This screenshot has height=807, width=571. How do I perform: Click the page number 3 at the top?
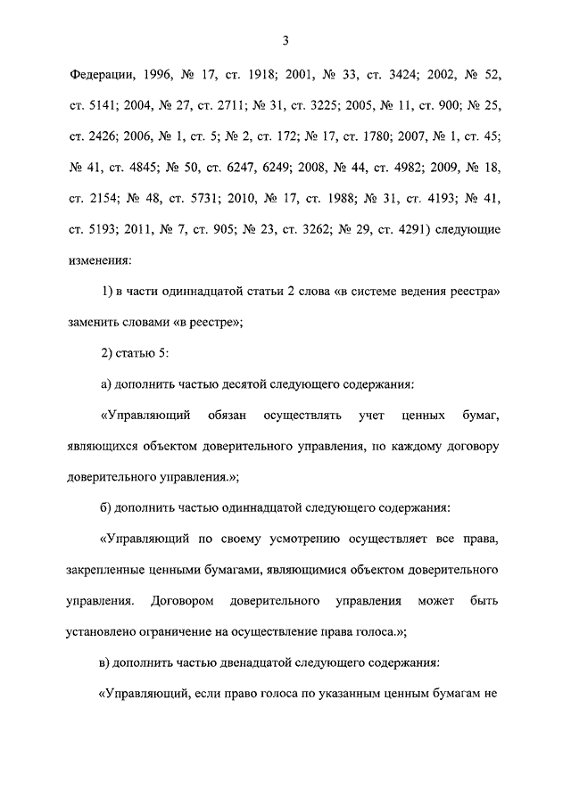pos(285,39)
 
